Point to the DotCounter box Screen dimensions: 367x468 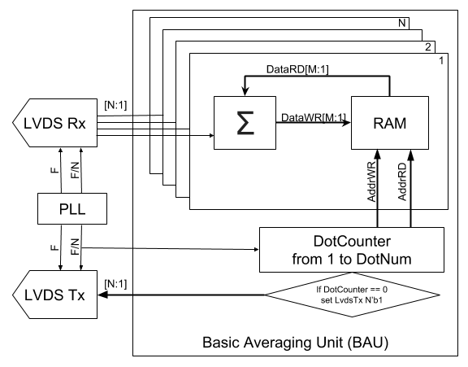click(352, 250)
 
